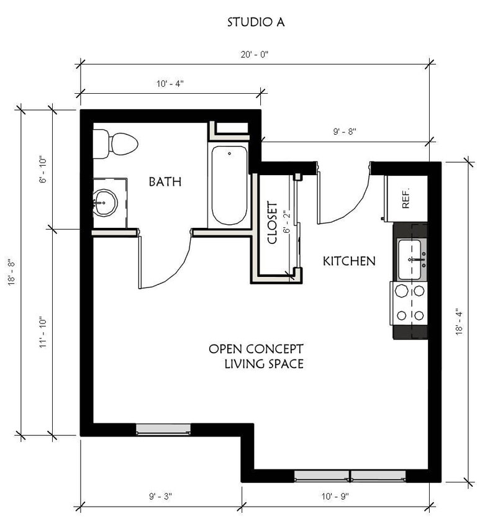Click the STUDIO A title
pyautogui.click(x=256, y=22)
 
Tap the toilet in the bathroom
pyautogui.click(x=117, y=144)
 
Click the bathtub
pyautogui.click(x=229, y=184)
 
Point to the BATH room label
pyautogui.click(x=165, y=182)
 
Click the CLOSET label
pyautogui.click(x=272, y=222)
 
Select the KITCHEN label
pyautogui.click(x=349, y=261)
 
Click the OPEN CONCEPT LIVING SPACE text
pyautogui.click(x=256, y=356)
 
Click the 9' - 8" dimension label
pyautogui.click(x=345, y=132)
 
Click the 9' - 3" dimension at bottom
pyautogui.click(x=160, y=496)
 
